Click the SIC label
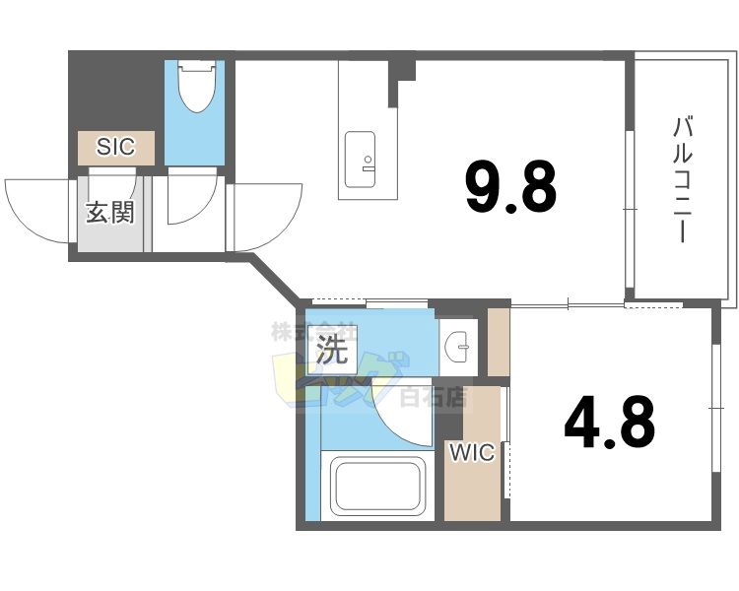tap(116, 148)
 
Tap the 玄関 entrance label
tap(109, 212)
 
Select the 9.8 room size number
tap(510, 187)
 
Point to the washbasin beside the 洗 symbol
tap(457, 345)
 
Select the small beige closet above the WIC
tap(499, 342)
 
